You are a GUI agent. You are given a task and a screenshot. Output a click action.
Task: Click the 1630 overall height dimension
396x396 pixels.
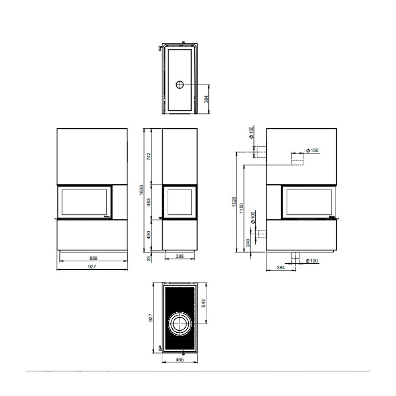(x=141, y=190)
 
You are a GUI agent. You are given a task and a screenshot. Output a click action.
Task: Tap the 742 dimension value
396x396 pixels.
(x=148, y=156)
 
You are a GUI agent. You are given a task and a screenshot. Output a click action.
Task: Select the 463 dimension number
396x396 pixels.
(x=148, y=202)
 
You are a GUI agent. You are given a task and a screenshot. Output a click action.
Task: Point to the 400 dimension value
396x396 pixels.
(x=148, y=235)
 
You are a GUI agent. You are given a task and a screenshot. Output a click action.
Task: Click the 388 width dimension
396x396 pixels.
(x=179, y=256)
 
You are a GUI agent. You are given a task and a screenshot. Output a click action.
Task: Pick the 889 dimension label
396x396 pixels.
(x=93, y=258)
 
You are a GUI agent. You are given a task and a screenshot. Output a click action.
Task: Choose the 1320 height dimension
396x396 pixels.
(x=234, y=202)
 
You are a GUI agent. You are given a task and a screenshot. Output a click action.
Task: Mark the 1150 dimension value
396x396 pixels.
(x=242, y=208)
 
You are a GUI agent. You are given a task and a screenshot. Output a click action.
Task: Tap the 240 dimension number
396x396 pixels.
(x=248, y=243)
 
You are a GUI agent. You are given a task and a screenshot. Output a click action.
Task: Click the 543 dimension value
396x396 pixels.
(x=204, y=303)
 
